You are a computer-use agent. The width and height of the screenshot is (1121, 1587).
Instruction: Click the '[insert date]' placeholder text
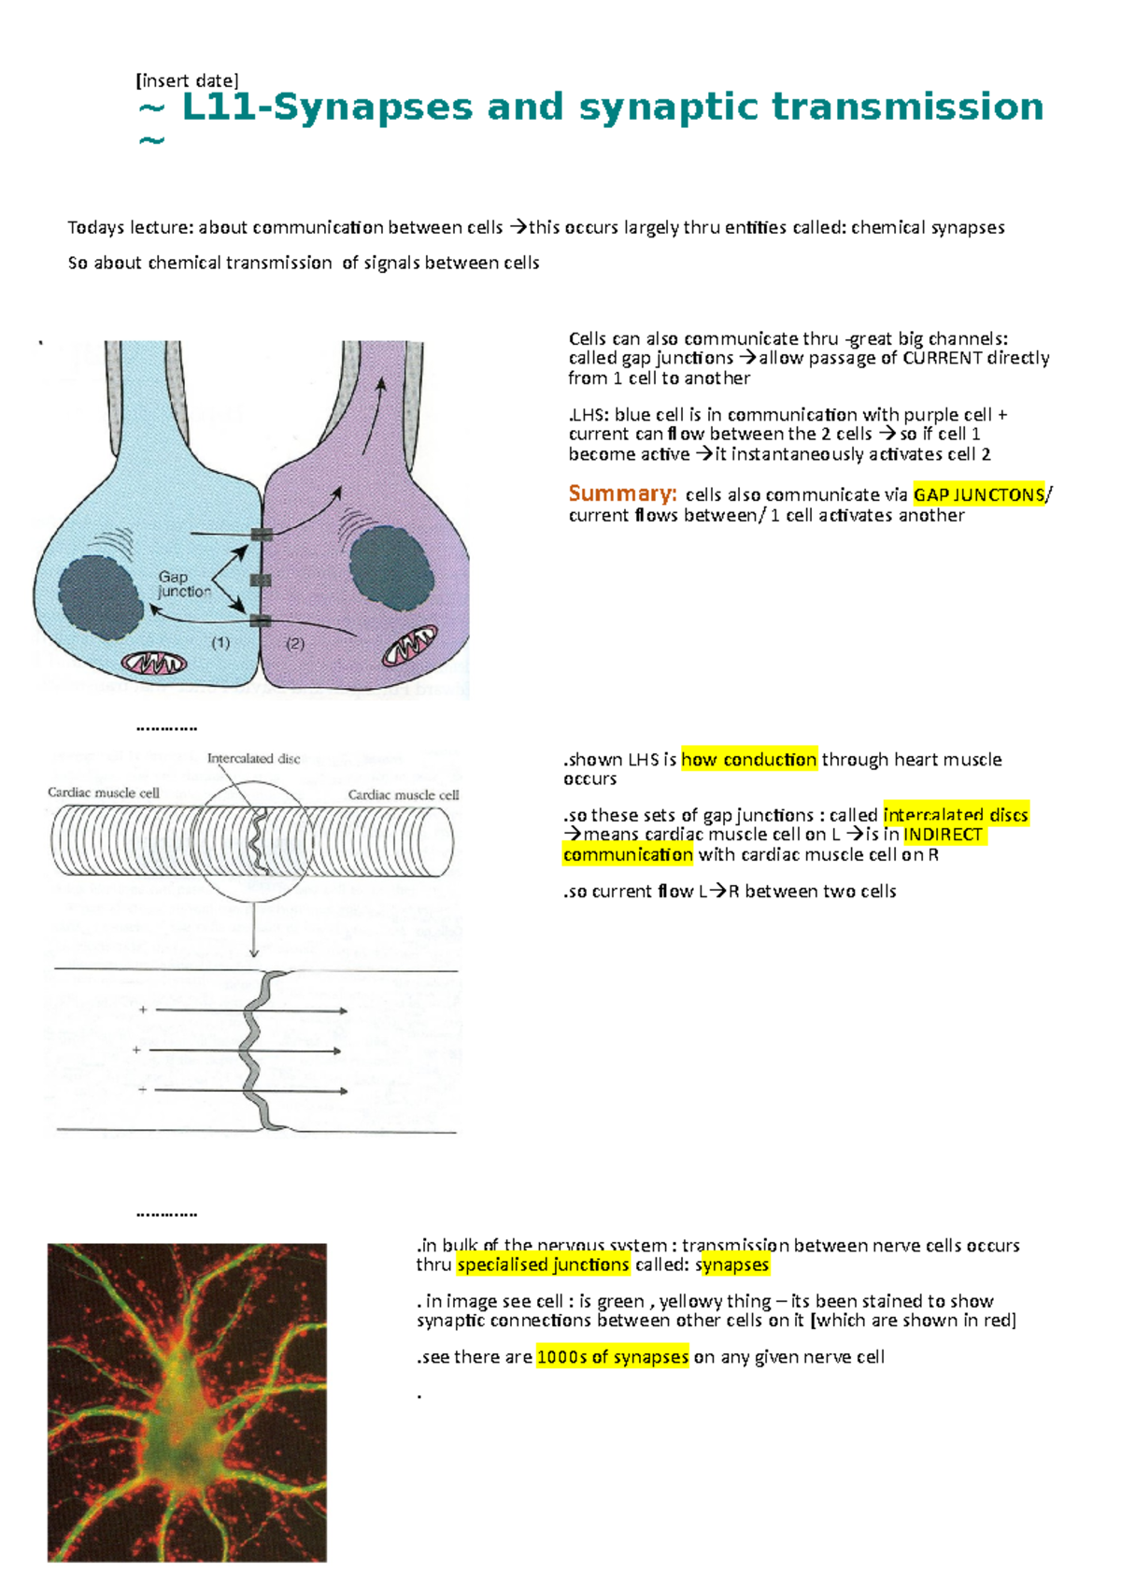pyautogui.click(x=187, y=80)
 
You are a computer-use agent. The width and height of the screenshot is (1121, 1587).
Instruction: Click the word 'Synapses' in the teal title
pyautogui.click(x=373, y=107)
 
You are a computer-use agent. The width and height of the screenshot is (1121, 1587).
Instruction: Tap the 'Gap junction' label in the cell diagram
pyautogui.click(x=183, y=584)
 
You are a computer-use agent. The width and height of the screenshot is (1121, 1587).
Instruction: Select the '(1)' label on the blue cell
pyautogui.click(x=220, y=643)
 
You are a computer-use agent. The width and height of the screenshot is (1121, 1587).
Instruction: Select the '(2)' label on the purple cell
pyautogui.click(x=295, y=643)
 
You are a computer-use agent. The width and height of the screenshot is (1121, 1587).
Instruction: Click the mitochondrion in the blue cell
pyautogui.click(x=154, y=664)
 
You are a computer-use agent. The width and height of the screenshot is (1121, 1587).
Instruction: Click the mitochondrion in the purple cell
pyautogui.click(x=409, y=646)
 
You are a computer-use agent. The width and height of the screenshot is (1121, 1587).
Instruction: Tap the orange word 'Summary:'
pyautogui.click(x=622, y=493)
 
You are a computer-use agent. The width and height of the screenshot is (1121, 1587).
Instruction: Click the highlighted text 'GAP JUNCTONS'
pyautogui.click(x=979, y=494)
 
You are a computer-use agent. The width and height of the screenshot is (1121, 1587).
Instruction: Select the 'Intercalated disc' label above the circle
pyautogui.click(x=253, y=759)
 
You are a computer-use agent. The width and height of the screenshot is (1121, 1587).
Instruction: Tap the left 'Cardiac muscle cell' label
pyautogui.click(x=104, y=793)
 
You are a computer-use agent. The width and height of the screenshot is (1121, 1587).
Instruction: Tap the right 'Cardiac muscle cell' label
pyautogui.click(x=404, y=794)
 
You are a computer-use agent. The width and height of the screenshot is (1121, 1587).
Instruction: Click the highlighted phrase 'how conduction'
pyautogui.click(x=749, y=759)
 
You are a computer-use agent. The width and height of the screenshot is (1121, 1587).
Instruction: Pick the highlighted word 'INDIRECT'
pyautogui.click(x=943, y=834)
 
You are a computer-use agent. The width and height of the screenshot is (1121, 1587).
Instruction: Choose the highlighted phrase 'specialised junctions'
pyautogui.click(x=543, y=1265)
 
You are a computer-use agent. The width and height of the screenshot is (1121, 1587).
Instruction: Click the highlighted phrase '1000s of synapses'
pyautogui.click(x=613, y=1356)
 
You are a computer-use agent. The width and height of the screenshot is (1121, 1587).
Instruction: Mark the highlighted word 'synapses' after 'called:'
pyautogui.click(x=732, y=1265)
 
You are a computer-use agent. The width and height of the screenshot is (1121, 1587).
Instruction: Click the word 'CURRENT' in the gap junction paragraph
pyautogui.click(x=942, y=358)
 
